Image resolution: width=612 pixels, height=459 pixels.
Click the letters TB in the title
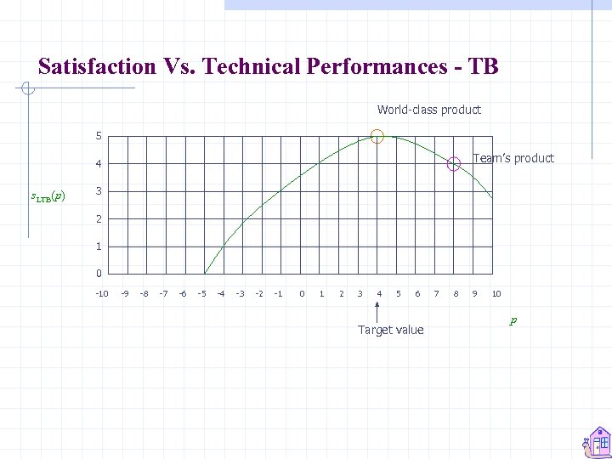(x=483, y=66)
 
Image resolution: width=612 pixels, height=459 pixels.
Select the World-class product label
(x=428, y=110)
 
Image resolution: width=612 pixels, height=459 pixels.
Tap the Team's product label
(x=513, y=158)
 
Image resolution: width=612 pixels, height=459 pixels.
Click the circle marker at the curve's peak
(x=377, y=136)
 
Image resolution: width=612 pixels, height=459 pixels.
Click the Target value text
(x=390, y=330)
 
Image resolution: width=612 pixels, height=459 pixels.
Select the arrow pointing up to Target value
(x=377, y=312)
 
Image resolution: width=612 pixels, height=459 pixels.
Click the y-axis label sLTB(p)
(x=48, y=197)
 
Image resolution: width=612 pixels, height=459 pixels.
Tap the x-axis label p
(x=513, y=321)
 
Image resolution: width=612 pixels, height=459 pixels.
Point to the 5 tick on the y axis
(x=99, y=136)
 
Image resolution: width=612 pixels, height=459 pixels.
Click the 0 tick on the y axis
(x=99, y=274)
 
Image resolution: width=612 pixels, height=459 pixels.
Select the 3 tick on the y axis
(x=99, y=191)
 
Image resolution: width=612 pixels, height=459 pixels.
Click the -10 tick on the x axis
(x=100, y=294)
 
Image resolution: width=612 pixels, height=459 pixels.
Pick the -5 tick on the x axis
(x=201, y=294)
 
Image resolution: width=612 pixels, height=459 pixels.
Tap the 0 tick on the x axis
(x=302, y=294)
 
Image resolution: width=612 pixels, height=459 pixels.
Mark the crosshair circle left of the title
(x=27, y=88)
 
